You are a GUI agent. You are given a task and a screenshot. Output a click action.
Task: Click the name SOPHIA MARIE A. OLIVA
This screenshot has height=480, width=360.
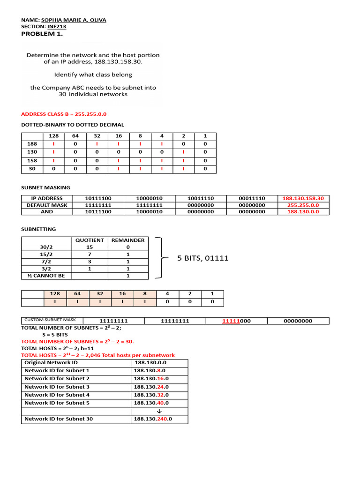click(74, 21)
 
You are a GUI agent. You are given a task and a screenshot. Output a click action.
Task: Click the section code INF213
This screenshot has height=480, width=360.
click(57, 27)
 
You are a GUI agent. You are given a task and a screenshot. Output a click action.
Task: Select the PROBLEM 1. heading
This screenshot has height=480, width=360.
click(42, 34)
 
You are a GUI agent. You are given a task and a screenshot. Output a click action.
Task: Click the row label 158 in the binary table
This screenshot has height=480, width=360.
click(32, 160)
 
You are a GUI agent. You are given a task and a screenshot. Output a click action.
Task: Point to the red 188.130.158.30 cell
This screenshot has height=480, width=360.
click(303, 198)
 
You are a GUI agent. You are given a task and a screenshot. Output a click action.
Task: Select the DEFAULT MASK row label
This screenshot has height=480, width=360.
click(47, 205)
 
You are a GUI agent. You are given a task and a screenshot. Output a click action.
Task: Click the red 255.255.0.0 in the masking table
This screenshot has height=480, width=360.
click(303, 205)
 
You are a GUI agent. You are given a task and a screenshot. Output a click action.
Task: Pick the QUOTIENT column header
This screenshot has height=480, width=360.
click(90, 240)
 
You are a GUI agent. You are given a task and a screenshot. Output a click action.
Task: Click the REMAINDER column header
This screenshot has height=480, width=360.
click(128, 240)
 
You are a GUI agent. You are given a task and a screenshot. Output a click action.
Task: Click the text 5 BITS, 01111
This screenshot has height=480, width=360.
click(203, 258)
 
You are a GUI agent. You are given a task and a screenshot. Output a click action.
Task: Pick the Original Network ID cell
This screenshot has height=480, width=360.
click(51, 363)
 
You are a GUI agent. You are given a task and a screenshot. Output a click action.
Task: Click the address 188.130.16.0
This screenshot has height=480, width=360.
click(151, 379)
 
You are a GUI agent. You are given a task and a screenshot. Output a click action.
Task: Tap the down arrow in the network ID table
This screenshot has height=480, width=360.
click(151, 411)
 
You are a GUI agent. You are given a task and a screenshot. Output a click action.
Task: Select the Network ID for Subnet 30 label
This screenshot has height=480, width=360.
click(59, 419)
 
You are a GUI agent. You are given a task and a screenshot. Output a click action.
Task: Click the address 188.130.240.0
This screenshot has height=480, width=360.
click(153, 419)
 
